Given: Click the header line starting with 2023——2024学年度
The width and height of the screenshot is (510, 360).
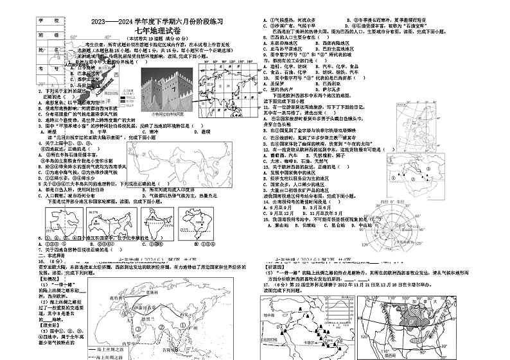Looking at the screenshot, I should click(x=153, y=21).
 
